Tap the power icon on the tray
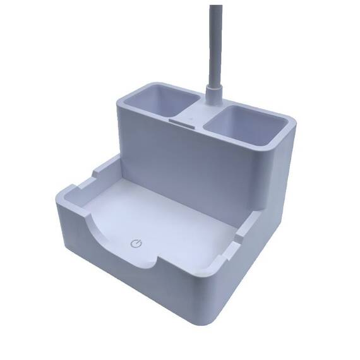135,243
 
